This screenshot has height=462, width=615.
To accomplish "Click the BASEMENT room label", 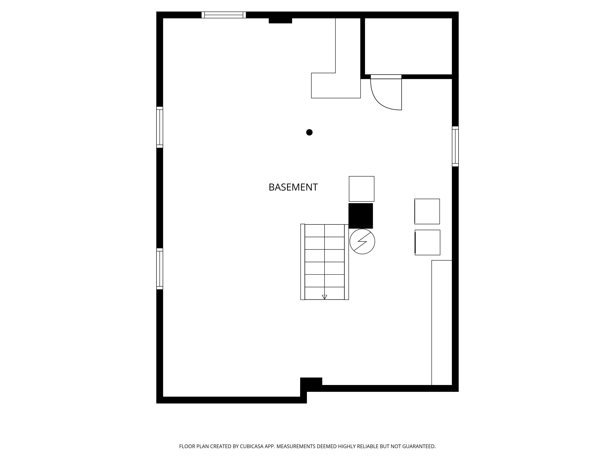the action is pos(293,187).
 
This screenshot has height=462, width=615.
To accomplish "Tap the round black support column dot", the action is pos(309,132).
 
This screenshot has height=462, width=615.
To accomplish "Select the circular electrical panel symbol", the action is pos(362,241).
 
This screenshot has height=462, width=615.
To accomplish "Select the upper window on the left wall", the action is pos(160,127).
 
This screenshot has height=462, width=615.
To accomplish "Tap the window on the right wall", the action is pos(455,146).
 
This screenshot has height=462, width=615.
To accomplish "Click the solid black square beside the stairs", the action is pos(361,216).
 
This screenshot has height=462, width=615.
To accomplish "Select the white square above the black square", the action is pos(361,189).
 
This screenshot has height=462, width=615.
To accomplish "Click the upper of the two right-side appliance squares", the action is pos(427,211).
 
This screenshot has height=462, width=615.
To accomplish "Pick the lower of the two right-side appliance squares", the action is pos(427,242).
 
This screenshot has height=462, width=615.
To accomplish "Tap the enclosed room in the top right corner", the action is pos(408,46).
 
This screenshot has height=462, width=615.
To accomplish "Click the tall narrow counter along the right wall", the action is pos(442,322).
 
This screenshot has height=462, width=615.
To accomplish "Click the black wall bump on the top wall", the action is pos(280,21).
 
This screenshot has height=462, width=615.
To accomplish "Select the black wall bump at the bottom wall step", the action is pos(311,381).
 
